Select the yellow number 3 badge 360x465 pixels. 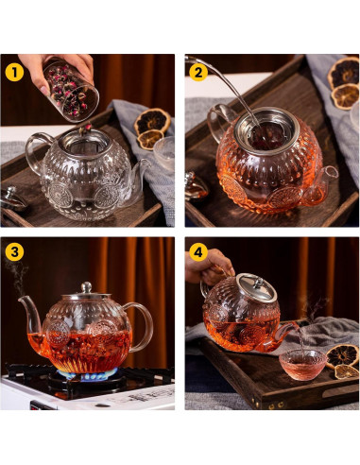point(13,251)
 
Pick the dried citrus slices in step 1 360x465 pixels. point(151,128)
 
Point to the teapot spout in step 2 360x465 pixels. point(330,176)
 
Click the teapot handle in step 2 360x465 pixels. point(218,128)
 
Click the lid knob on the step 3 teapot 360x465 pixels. point(86,286)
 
